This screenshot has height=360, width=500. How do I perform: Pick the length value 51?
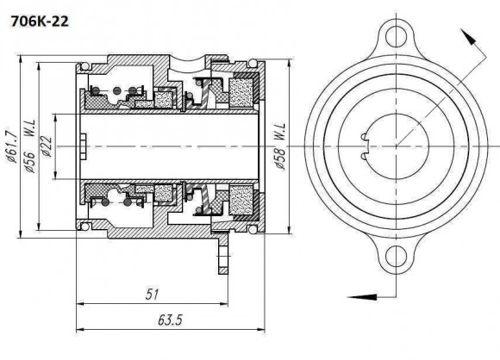153,295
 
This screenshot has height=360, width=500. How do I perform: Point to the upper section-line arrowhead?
467,36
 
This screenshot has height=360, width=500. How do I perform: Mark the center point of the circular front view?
395,146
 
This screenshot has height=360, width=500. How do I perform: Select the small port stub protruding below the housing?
222,256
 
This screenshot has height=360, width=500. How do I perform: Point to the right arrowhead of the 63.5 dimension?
264,330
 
